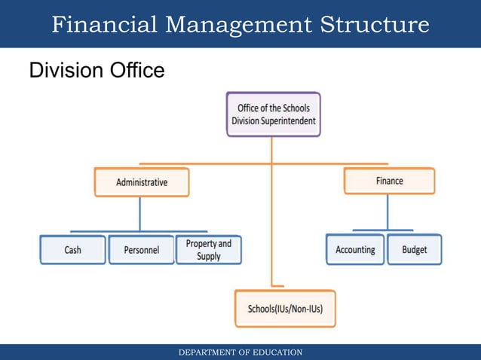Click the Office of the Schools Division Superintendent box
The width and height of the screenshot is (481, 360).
pyautogui.click(x=273, y=114)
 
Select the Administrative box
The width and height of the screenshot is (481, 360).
pyautogui.click(x=142, y=182)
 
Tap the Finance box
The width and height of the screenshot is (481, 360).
pyautogui.click(x=389, y=181)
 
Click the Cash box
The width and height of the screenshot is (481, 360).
pyautogui.click(x=72, y=250)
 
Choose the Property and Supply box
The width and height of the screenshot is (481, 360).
pyautogui.click(x=209, y=250)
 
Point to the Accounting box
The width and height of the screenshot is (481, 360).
pyautogui.click(x=355, y=249)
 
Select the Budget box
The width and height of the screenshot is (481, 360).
pyautogui.click(x=415, y=249)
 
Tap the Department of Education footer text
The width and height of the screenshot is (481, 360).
pyautogui.click(x=240, y=352)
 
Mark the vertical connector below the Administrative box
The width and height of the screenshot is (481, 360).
pyautogui.click(x=139, y=214)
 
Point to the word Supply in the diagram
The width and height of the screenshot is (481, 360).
pyautogui.click(x=209, y=257)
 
